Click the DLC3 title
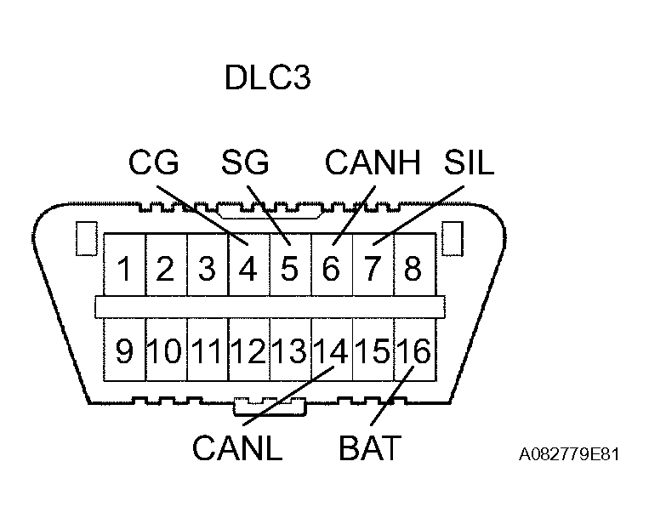tap(267, 78)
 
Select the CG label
tap(154, 162)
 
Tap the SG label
tap(244, 162)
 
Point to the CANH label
tap(373, 162)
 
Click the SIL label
tap(469, 162)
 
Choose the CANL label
tap(237, 449)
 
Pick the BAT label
tap(369, 449)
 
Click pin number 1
tap(125, 270)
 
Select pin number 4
tap(248, 270)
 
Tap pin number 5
tap(290, 270)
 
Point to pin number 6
tap(331, 270)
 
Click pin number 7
tap(373, 270)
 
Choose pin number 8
tap(413, 270)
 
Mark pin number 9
tap(125, 351)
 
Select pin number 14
tap(331, 351)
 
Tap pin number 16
tap(413, 351)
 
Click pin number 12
tap(248, 351)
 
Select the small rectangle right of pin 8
tap(454, 239)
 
